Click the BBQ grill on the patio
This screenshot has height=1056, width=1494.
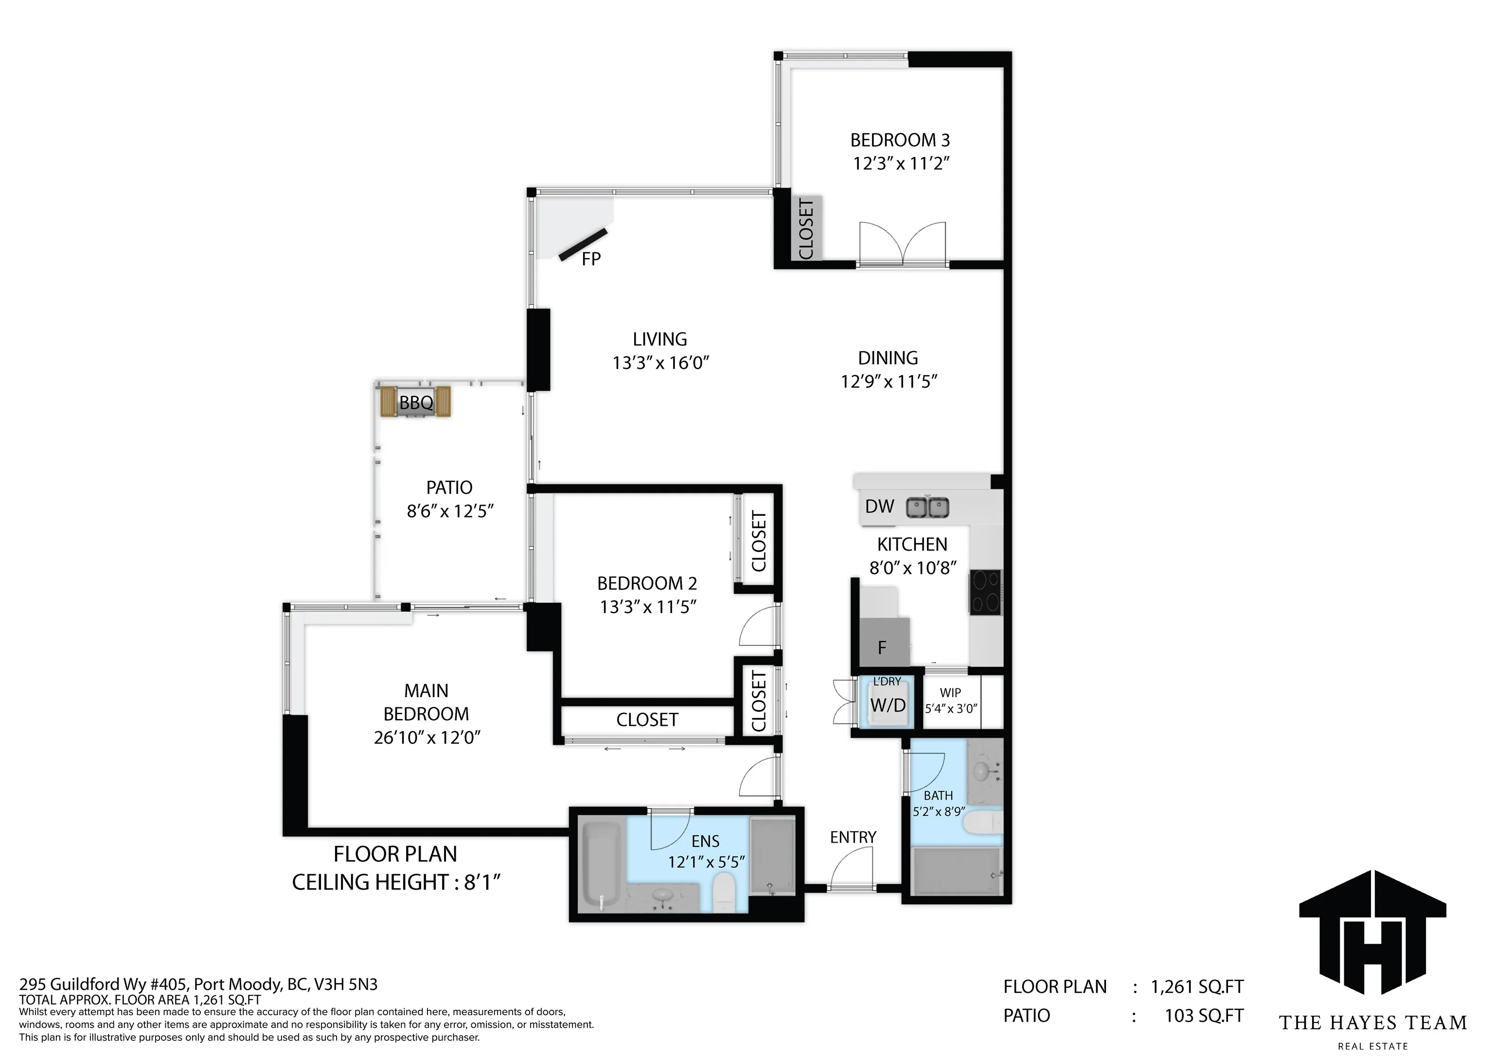pos(415,403)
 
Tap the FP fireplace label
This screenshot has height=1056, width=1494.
pos(591,259)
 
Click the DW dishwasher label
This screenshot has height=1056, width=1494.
pos(880,506)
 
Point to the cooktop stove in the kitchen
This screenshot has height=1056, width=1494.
pos(985,592)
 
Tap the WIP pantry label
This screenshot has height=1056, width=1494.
pos(950,693)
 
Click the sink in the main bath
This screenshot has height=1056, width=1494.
pos(982,772)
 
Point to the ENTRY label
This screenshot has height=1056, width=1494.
pos(853,837)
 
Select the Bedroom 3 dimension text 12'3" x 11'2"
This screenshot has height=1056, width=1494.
pos(901,163)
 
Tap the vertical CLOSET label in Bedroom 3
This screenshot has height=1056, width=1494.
pos(805,229)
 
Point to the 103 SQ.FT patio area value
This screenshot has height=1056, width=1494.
pos(1204,1015)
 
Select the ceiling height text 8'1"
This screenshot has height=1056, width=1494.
pos(481,882)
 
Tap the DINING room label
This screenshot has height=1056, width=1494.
pos(888,358)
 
